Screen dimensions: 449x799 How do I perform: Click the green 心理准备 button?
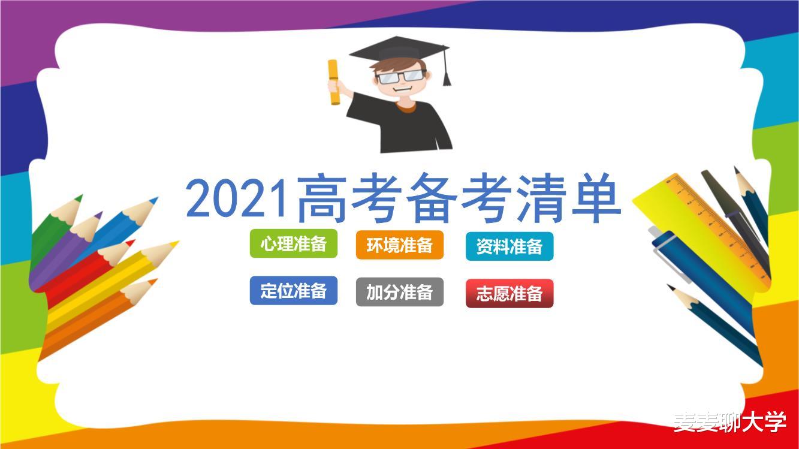pyautogui.click(x=293, y=244)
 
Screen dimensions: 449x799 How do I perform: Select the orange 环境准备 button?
pyautogui.click(x=399, y=245)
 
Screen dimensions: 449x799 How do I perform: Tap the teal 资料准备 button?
pyautogui.click(x=509, y=246)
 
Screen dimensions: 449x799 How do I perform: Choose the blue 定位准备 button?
pyautogui.click(x=293, y=291)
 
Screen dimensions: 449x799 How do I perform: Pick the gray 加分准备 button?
pyautogui.click(x=399, y=292)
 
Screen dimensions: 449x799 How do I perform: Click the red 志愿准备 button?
pyautogui.click(x=509, y=294)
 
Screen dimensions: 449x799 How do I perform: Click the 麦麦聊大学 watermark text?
pyautogui.click(x=729, y=421)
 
